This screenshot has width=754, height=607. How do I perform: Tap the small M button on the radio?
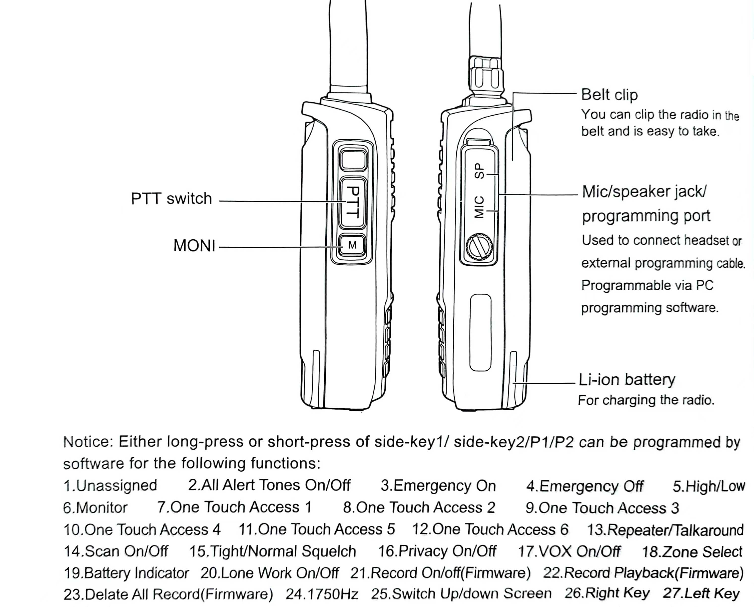[x=352, y=245]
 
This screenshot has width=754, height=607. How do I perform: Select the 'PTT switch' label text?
[x=171, y=199]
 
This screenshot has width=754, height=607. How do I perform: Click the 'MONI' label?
[x=194, y=246]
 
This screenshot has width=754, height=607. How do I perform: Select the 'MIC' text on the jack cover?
[x=479, y=207]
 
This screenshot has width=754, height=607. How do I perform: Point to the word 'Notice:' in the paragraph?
[x=88, y=442]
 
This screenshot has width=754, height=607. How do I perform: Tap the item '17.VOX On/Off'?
[x=569, y=551]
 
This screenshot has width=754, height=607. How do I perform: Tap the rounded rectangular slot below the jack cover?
[x=480, y=332]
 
